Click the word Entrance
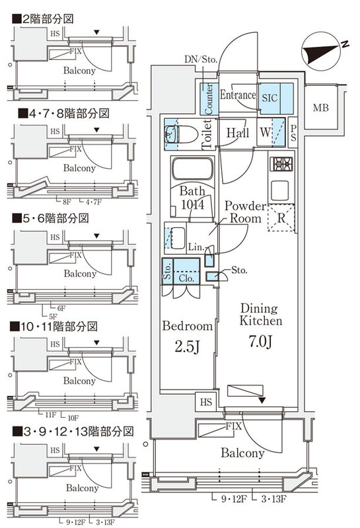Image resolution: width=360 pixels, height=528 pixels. (x=237, y=96)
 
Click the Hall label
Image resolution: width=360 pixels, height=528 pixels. (x=237, y=133)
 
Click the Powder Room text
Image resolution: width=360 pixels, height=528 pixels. (x=244, y=213)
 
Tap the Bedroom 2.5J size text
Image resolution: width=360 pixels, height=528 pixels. (x=187, y=346)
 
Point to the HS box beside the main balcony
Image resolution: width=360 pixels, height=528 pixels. (x=207, y=401)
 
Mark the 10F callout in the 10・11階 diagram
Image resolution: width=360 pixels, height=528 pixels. (x=73, y=418)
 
